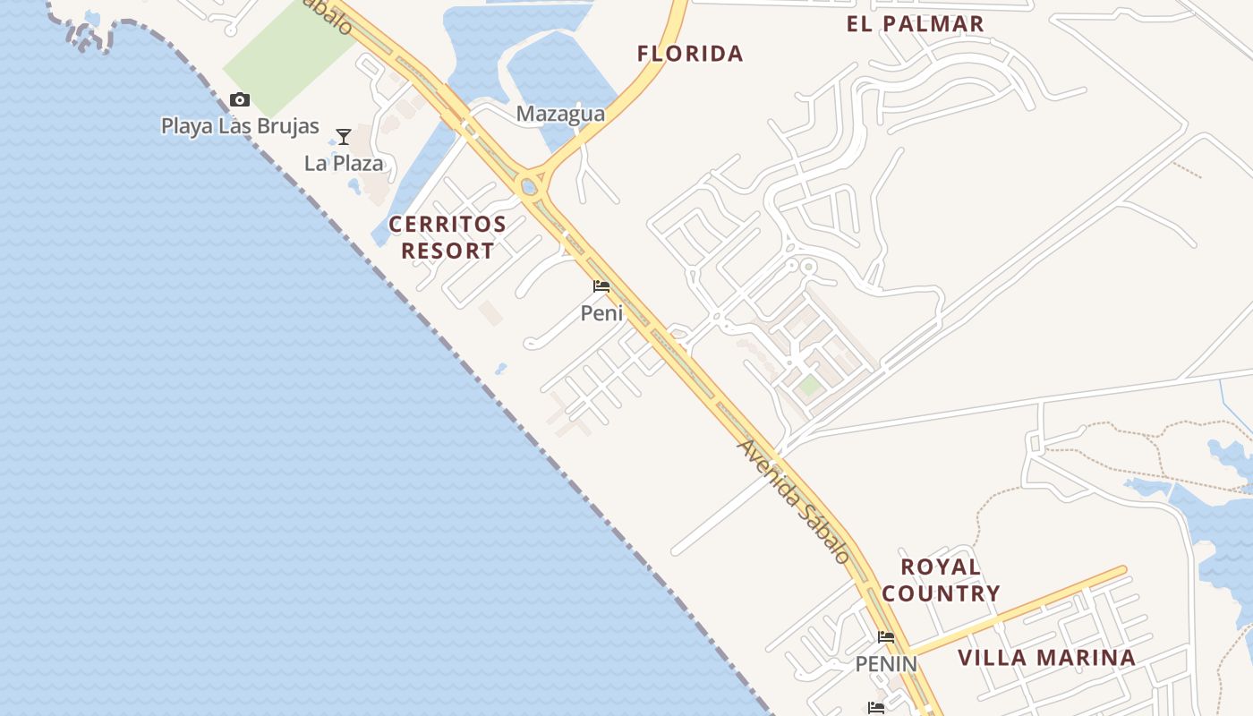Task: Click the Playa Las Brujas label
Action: pos(240,126)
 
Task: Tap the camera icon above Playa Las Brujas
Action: pos(240,99)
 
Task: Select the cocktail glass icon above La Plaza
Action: pos(344,137)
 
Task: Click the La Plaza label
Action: pos(344,164)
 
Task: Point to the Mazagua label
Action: pos(560,115)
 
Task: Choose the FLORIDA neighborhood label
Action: pos(690,54)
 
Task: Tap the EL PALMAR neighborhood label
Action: pos(915,24)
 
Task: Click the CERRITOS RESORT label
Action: pos(447,237)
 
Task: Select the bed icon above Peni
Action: pos(601,286)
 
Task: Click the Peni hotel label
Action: pos(601,313)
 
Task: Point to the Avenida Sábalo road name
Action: pos(794,501)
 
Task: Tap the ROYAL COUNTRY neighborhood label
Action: pos(941,580)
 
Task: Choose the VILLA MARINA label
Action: pos(1046,658)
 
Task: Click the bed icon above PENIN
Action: pos(886,637)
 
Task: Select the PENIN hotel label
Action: pos(886,664)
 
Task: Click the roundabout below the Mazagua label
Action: pos(529,187)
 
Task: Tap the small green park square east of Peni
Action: pos(809,386)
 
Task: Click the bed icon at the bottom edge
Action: pos(876,708)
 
